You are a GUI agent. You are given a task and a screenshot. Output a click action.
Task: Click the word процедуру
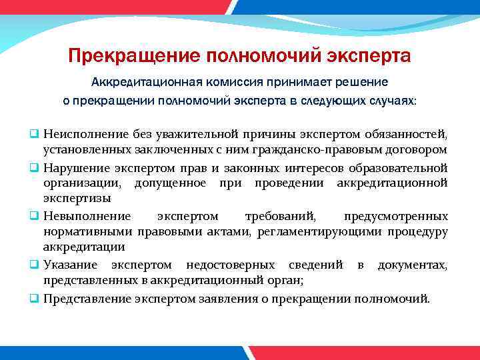point(417,232)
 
